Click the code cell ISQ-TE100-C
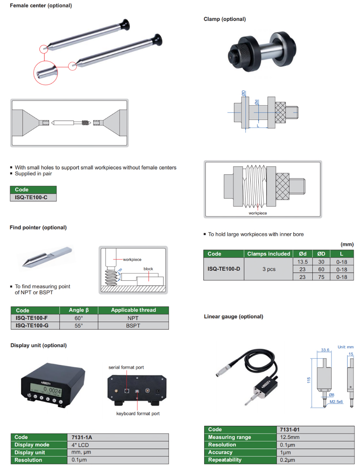(33, 198)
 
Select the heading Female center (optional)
(41, 6)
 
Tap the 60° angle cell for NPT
(79, 318)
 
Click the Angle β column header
(79, 310)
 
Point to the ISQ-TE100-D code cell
(224, 269)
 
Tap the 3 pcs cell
(268, 269)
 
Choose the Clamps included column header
(268, 254)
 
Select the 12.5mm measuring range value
(289, 437)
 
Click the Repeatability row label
(225, 460)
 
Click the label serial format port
(126, 367)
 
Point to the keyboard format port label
(138, 414)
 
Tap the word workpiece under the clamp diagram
(258, 213)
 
